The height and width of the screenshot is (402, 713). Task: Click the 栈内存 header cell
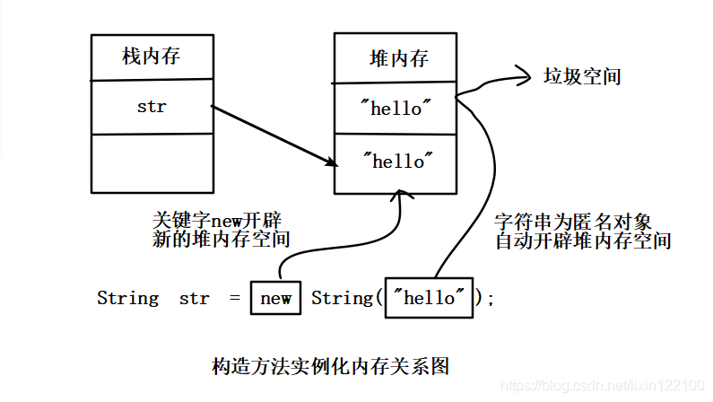point(152,57)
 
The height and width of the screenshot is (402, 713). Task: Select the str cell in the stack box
point(152,107)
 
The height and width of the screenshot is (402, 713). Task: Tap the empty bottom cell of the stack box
point(152,163)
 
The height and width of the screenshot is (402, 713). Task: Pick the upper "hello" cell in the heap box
point(396,109)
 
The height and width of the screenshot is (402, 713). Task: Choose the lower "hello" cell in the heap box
point(396,162)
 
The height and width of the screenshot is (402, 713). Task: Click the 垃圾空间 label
point(582,77)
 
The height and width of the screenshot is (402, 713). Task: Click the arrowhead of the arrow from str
point(331,162)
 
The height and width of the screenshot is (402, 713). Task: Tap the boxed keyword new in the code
point(275,298)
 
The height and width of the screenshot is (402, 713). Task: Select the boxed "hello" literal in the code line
point(428,298)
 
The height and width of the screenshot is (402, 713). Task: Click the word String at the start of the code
point(127,298)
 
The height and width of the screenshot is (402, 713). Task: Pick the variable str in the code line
point(194,298)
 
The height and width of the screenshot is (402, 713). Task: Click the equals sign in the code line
point(235,298)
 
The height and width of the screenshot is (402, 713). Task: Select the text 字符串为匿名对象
point(578,222)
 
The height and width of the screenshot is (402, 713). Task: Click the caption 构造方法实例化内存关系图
point(329,366)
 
